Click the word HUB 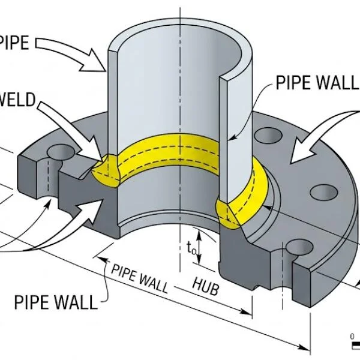pyautogui.click(x=205, y=286)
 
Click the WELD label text pyautogui.click(x=16, y=98)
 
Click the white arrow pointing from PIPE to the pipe pyautogui.click(x=72, y=54)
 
